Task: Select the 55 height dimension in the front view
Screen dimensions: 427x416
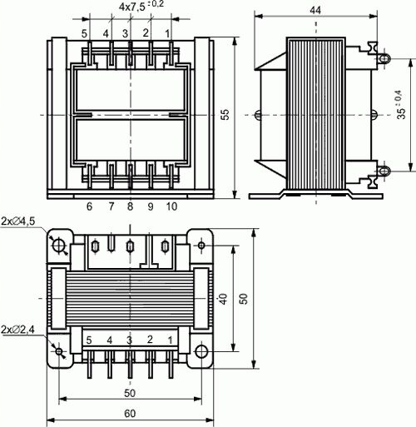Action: click(224, 116)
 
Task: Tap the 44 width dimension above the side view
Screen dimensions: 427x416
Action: click(316, 9)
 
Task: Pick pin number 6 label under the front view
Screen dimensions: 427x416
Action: click(88, 206)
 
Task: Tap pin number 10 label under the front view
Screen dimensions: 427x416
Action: click(171, 206)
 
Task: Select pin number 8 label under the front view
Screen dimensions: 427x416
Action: click(130, 206)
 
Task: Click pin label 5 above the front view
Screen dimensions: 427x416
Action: click(85, 33)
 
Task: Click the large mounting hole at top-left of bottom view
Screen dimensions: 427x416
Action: click(59, 245)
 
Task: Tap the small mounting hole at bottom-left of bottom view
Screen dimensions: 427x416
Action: click(59, 350)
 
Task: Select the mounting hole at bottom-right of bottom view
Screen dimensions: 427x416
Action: click(201, 350)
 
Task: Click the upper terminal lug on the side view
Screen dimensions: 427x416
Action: click(384, 59)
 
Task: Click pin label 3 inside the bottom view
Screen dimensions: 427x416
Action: click(129, 340)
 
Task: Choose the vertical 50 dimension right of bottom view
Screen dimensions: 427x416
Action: click(243, 297)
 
